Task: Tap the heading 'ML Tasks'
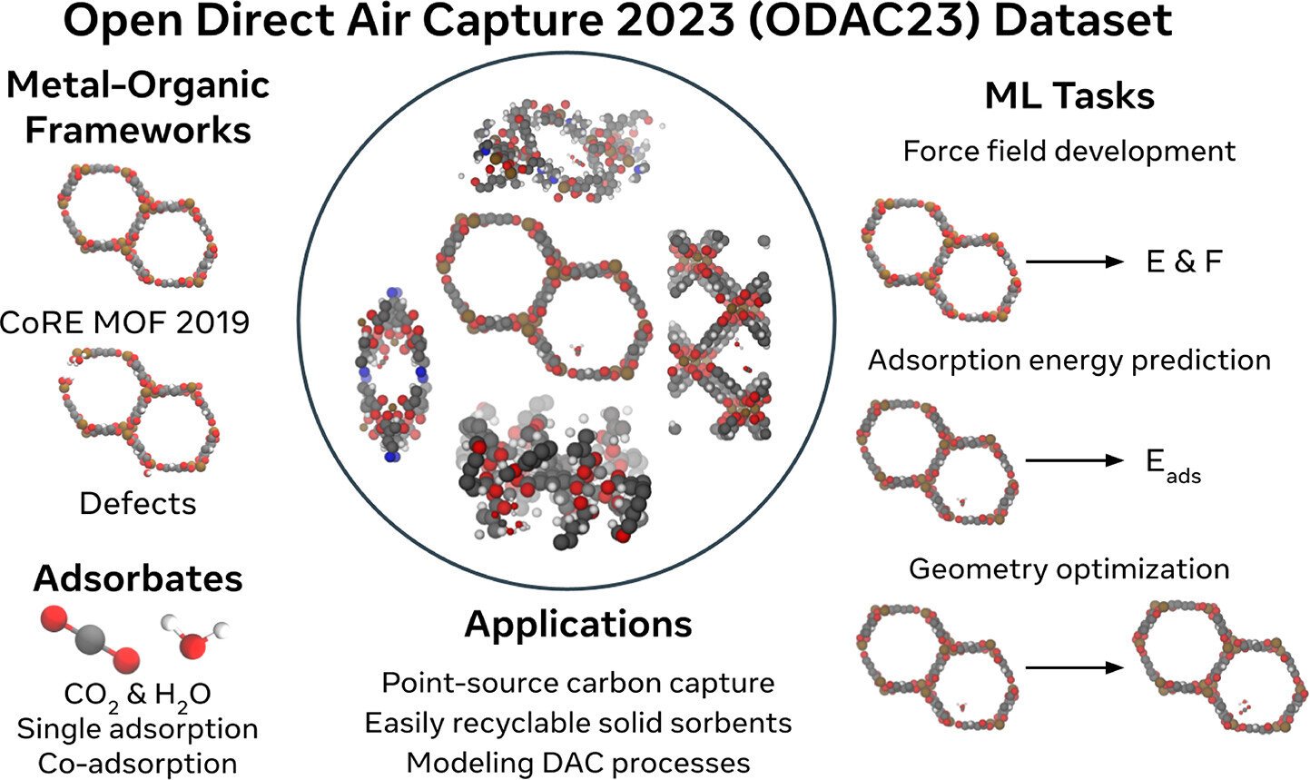click(x=1069, y=96)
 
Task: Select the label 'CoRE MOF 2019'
click(x=124, y=322)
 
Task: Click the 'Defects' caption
click(x=137, y=503)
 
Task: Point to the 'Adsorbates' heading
click(x=138, y=578)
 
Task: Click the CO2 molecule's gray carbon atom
click(x=91, y=639)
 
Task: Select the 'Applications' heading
click(x=577, y=626)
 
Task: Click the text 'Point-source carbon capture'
click(x=577, y=684)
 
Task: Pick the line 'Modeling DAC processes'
click(x=577, y=763)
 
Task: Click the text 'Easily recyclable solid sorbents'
click(x=577, y=723)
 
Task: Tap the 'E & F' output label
click(x=1184, y=262)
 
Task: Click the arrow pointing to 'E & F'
click(x=1075, y=262)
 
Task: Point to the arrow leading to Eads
click(x=1075, y=461)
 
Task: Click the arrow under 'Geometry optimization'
click(x=1075, y=667)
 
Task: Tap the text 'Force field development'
click(x=1069, y=152)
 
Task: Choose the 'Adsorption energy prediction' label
click(x=1069, y=360)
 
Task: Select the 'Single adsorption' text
click(x=137, y=729)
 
